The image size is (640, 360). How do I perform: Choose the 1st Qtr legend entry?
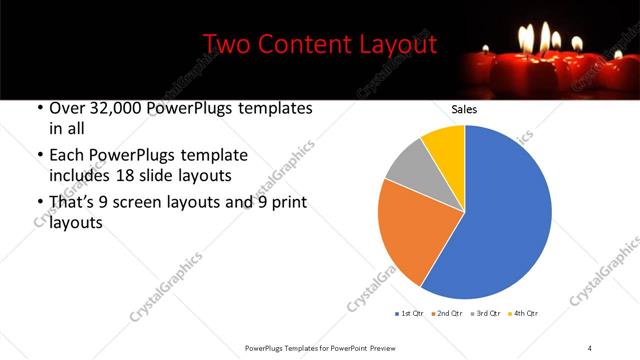(410, 314)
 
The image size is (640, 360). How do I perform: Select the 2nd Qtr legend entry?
(449, 314)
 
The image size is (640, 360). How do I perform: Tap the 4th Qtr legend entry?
(524, 314)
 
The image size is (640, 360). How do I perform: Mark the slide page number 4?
(589, 347)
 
